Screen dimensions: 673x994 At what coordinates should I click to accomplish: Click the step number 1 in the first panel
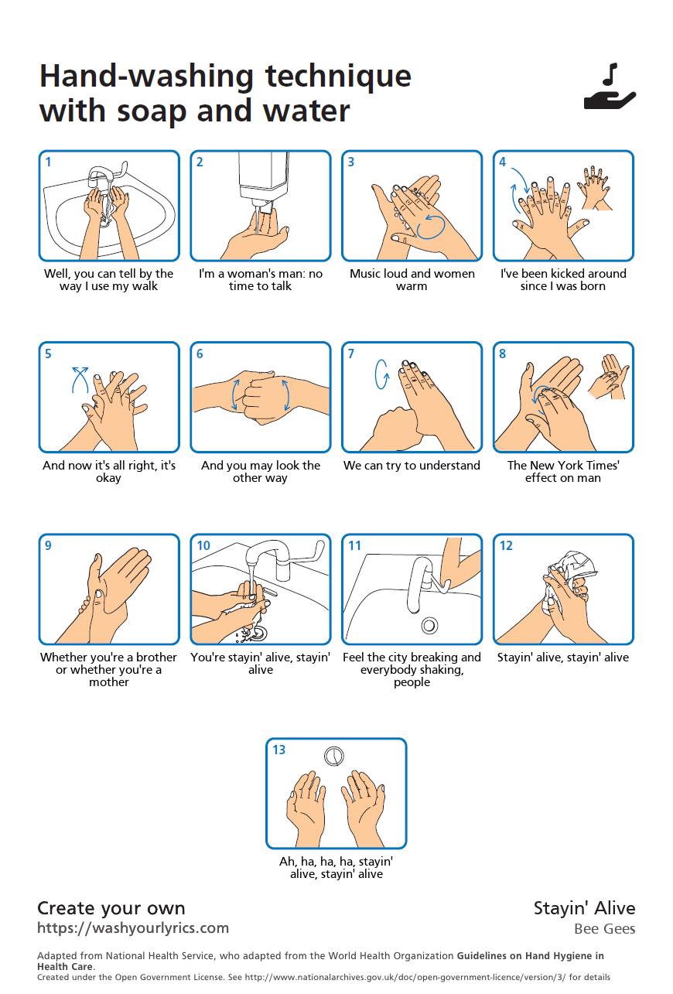click(48, 162)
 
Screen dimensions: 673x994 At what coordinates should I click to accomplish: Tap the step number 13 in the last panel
click(278, 750)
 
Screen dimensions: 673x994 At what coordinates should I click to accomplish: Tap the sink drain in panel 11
click(429, 626)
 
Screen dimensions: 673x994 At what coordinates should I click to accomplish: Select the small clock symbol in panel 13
click(333, 757)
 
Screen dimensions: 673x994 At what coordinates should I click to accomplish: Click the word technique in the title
click(338, 77)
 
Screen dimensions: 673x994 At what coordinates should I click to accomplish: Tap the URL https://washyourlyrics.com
click(133, 928)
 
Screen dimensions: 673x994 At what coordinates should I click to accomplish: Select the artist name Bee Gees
click(604, 929)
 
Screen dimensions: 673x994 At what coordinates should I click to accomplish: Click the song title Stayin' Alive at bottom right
click(584, 908)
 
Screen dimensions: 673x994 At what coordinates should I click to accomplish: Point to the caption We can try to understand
click(412, 465)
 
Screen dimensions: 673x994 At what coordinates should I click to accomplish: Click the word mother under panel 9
click(109, 681)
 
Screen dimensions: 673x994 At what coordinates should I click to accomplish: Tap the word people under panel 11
click(412, 682)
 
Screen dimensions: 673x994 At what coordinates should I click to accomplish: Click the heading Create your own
click(111, 908)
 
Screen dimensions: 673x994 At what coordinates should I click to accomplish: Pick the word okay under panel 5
click(109, 478)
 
